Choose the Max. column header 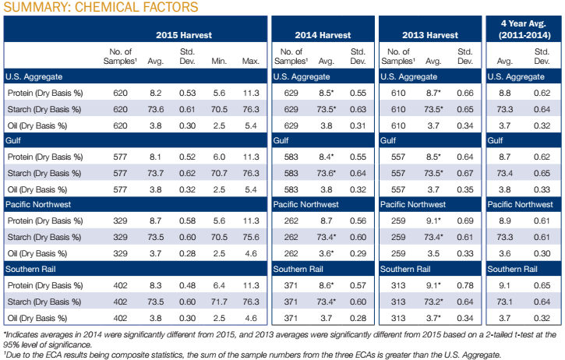tap(250, 60)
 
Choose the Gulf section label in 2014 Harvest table tap(282, 140)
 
